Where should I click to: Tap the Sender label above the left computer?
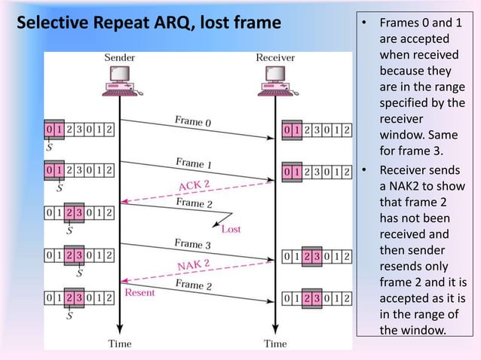click(x=119, y=57)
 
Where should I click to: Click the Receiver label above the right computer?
click(x=275, y=57)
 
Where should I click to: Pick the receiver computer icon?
click(x=274, y=81)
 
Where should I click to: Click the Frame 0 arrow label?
click(x=194, y=121)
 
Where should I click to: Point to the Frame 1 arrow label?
click(x=194, y=163)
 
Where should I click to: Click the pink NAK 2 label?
click(x=194, y=266)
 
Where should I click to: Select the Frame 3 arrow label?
click(x=193, y=244)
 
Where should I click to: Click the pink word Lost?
click(x=231, y=229)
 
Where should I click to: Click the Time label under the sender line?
click(x=119, y=344)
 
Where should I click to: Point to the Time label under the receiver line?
click(x=274, y=344)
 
